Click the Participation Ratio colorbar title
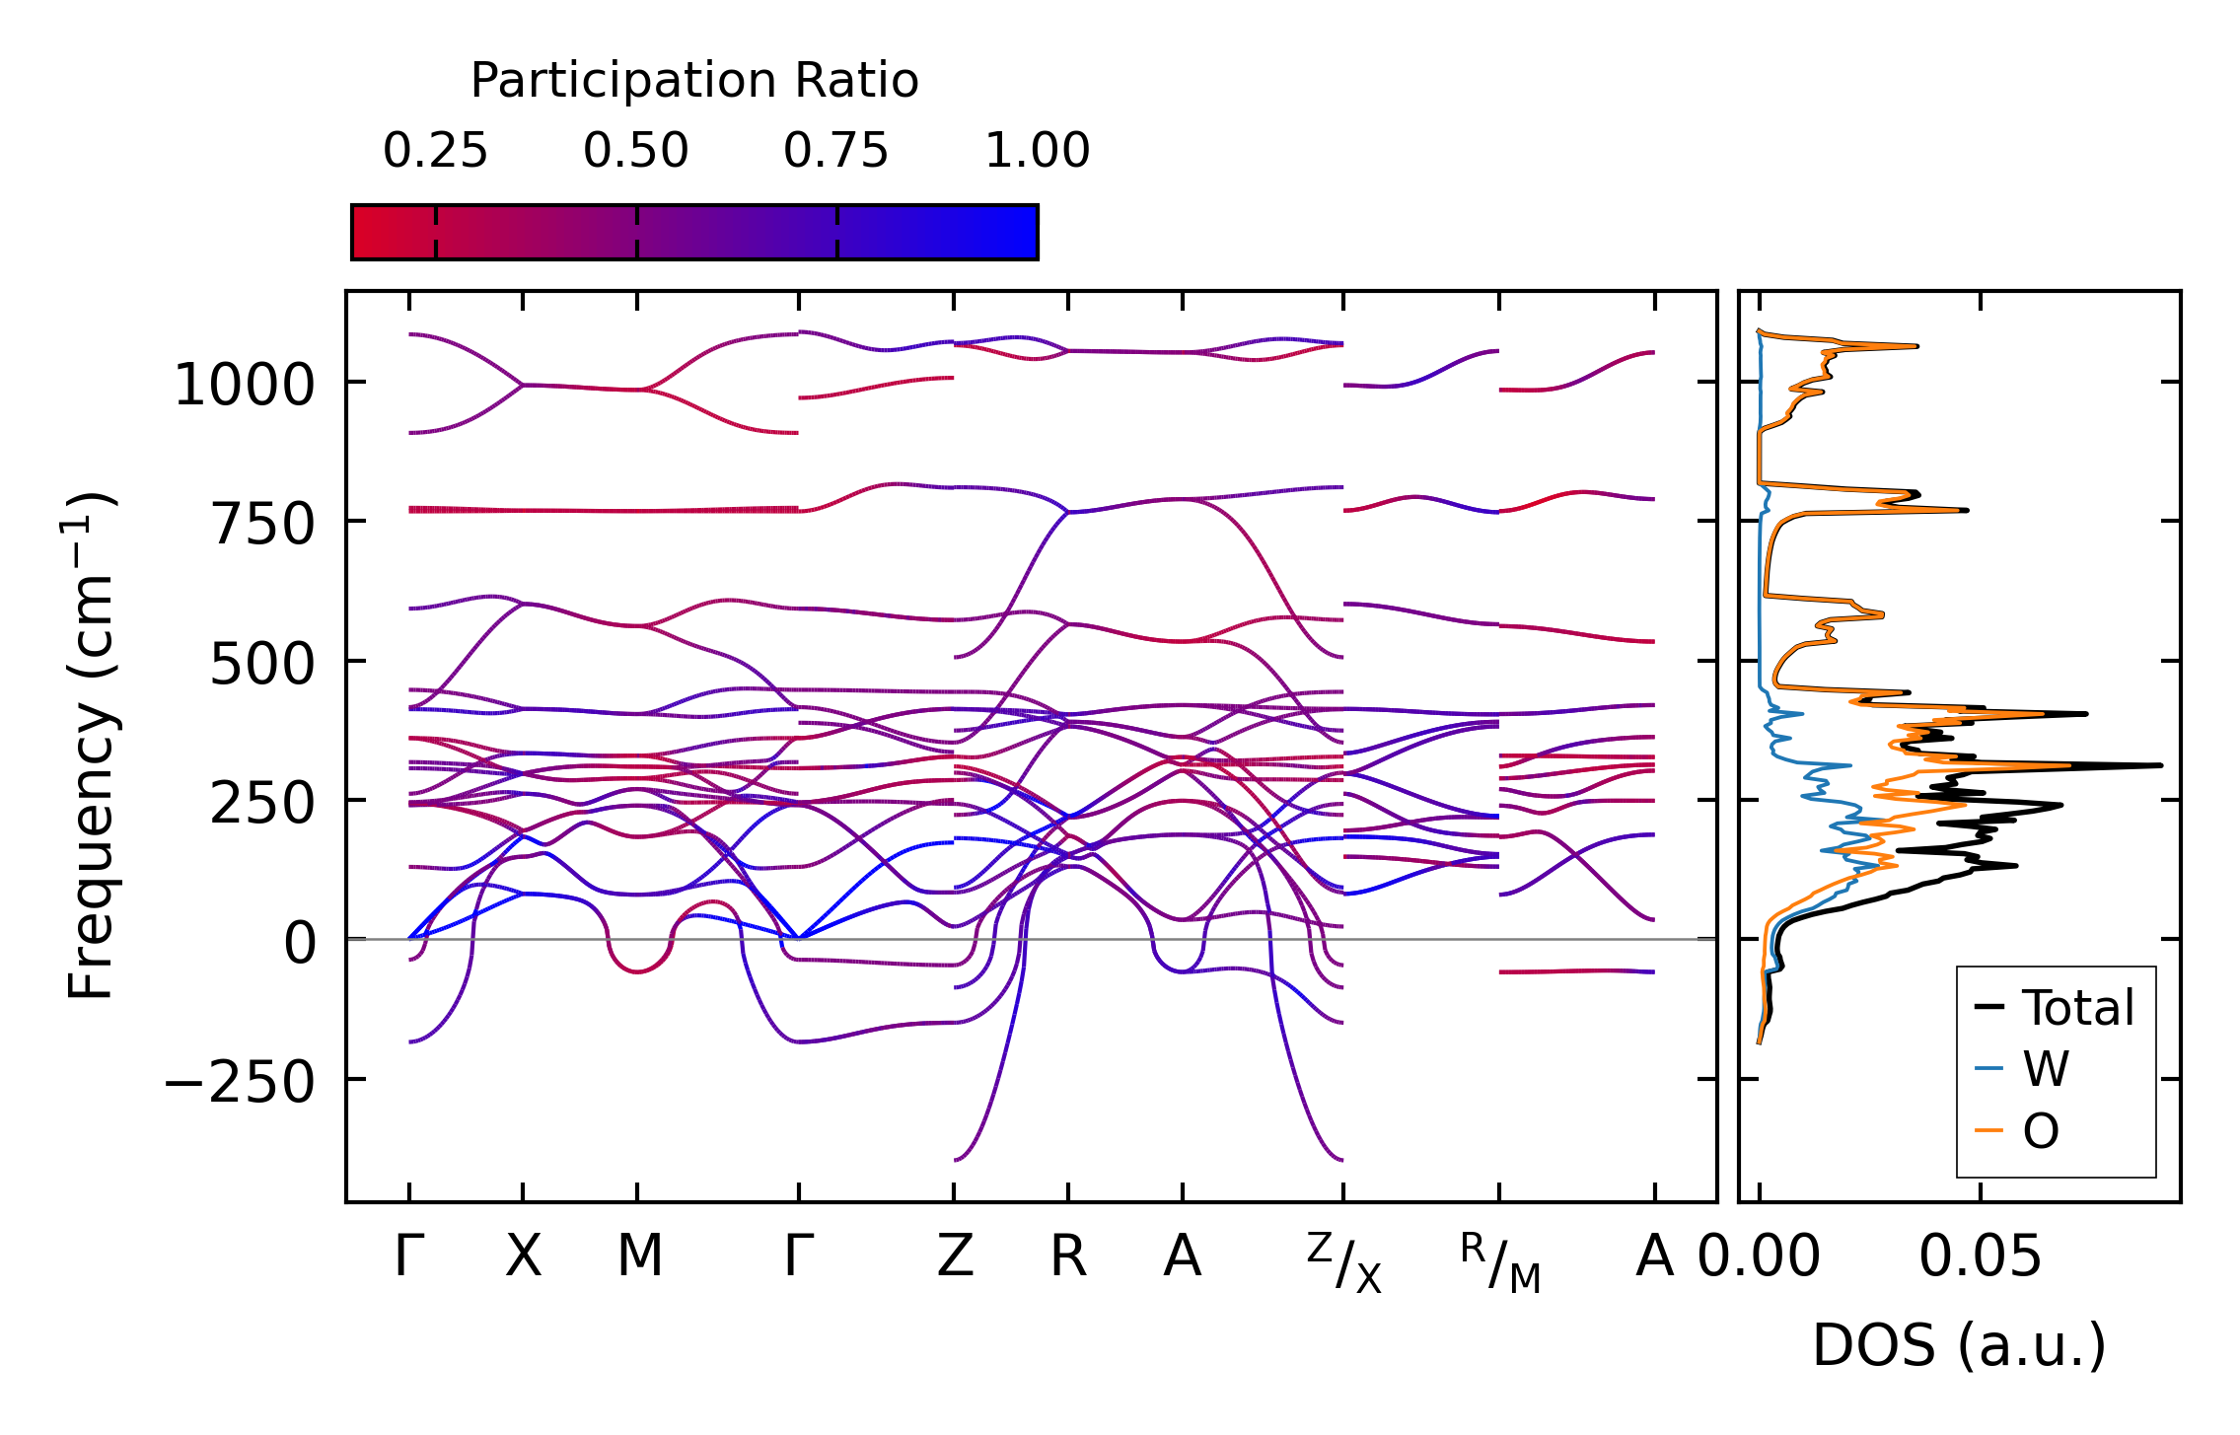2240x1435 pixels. point(693,81)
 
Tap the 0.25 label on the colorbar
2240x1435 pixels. point(435,151)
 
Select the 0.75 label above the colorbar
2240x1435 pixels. point(835,151)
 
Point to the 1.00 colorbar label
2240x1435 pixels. point(1037,151)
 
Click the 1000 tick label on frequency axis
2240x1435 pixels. point(244,385)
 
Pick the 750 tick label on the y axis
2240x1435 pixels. point(262,524)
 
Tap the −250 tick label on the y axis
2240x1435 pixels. point(239,1083)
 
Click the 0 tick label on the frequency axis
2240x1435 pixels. point(300,943)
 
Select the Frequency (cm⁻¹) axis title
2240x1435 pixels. point(91,746)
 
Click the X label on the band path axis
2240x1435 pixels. point(523,1256)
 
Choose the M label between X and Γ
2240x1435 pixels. point(639,1256)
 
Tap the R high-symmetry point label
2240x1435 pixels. point(1068,1256)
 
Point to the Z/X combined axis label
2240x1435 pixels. point(1344,1262)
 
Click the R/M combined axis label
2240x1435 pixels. point(1500,1262)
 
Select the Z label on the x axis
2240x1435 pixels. point(955,1256)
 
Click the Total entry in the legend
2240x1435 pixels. point(2078,1008)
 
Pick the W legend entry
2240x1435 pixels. point(2046,1069)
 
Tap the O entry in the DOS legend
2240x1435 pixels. point(2041,1130)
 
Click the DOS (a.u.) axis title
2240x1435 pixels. point(1959,1345)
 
